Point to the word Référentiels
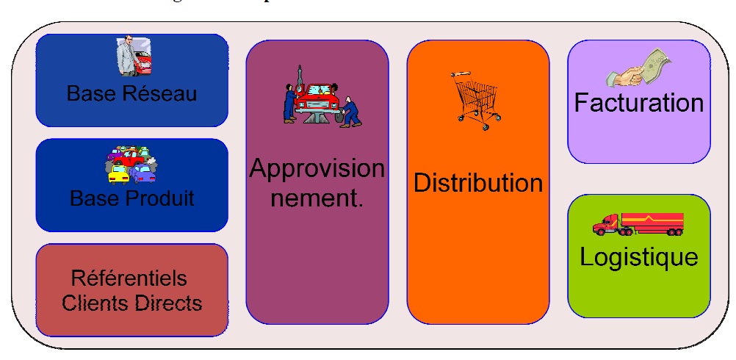click(129, 279)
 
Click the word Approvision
click(317, 169)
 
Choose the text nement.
click(317, 198)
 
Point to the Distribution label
click(478, 182)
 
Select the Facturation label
click(638, 102)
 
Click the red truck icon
click(638, 223)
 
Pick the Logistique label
click(638, 257)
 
